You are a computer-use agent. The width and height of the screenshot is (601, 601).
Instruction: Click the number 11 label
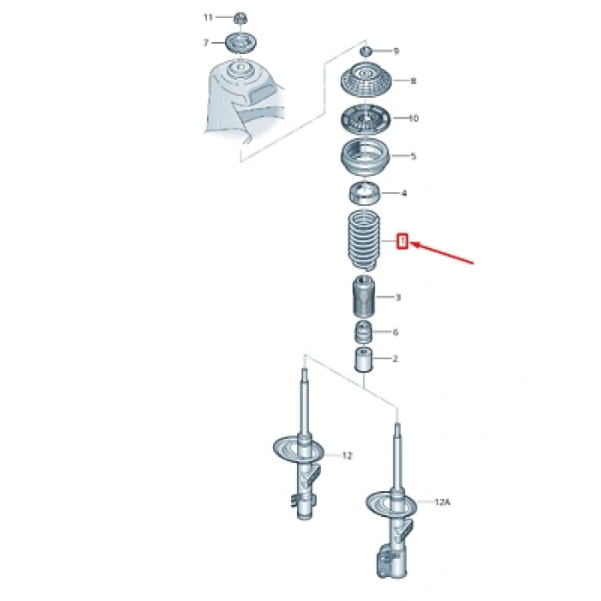pyautogui.click(x=208, y=17)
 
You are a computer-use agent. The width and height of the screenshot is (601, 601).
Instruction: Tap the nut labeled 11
pyautogui.click(x=240, y=18)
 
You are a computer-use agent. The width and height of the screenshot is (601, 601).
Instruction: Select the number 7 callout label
pyautogui.click(x=206, y=43)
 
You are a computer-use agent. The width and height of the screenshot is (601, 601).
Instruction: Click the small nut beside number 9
pyautogui.click(x=366, y=51)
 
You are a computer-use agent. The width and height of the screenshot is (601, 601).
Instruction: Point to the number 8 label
pyautogui.click(x=413, y=81)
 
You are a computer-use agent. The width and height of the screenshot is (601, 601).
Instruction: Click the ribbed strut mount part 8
pyautogui.click(x=365, y=80)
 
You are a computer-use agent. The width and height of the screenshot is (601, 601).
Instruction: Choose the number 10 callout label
pyautogui.click(x=414, y=118)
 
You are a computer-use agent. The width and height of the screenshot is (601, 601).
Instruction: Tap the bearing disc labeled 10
pyautogui.click(x=365, y=118)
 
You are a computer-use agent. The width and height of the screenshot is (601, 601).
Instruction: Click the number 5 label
pyautogui.click(x=413, y=156)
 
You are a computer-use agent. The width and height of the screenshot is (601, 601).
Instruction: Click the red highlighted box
pyautogui.click(x=402, y=241)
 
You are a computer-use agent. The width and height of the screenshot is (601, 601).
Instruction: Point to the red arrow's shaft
pyautogui.click(x=442, y=252)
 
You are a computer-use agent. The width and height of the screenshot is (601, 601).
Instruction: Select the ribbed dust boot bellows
pyautogui.click(x=364, y=240)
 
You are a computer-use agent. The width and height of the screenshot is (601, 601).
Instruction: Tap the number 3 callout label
pyautogui.click(x=398, y=297)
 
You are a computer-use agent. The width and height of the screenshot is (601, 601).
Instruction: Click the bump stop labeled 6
pyautogui.click(x=362, y=332)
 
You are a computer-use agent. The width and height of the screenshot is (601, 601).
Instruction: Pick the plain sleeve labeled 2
pyautogui.click(x=363, y=360)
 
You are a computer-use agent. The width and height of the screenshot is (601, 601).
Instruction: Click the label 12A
pyautogui.click(x=442, y=501)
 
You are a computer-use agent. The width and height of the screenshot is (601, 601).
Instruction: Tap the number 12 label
pyautogui.click(x=347, y=456)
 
